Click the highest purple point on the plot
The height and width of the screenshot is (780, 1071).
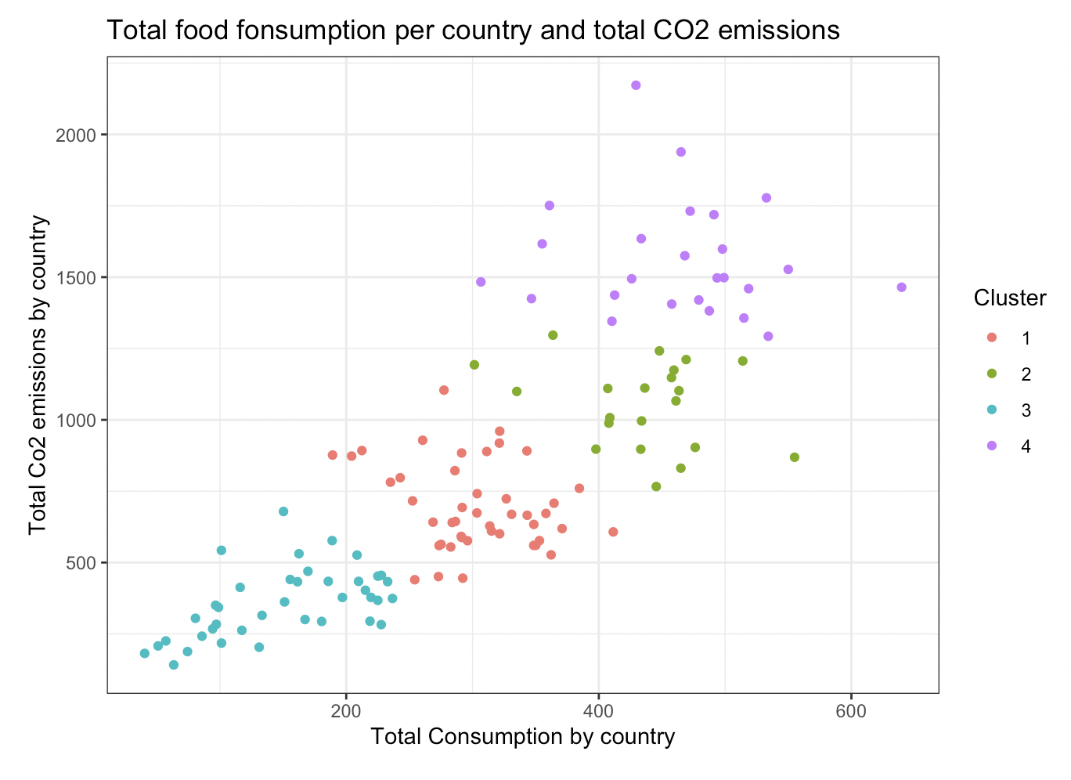coord(636,85)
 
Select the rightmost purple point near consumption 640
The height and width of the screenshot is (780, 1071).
coord(901,287)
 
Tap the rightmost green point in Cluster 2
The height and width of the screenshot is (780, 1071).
coord(795,457)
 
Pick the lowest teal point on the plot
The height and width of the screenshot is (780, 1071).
coord(174,665)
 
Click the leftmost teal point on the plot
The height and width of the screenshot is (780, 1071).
coord(145,653)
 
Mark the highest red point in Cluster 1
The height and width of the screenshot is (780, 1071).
coord(444,390)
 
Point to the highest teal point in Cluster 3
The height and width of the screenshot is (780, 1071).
coord(283,511)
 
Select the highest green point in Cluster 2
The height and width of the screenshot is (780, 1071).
coord(553,335)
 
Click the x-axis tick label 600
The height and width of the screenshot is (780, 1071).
coord(851,711)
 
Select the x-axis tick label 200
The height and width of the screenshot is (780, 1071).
coord(346,711)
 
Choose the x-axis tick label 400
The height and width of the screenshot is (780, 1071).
coord(599,711)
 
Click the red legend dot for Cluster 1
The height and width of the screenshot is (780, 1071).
coord(992,338)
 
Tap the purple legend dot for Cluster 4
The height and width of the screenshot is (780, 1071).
coord(992,446)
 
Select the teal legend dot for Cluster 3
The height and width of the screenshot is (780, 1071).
coord(992,410)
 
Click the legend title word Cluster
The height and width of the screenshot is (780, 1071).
coord(1010,298)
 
